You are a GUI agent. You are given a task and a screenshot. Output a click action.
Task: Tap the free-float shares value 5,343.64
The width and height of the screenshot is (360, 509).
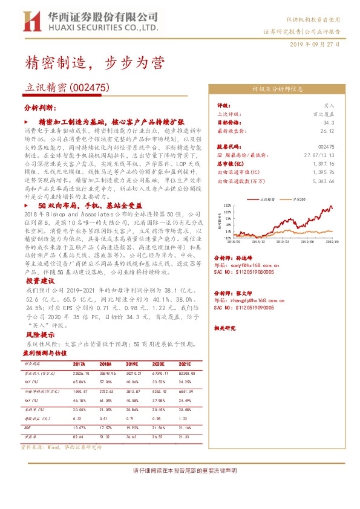(324, 180)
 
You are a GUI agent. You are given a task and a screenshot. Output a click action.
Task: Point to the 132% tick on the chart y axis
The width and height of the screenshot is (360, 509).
(226, 206)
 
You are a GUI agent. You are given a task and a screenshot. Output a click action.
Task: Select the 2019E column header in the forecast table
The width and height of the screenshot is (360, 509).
(133, 364)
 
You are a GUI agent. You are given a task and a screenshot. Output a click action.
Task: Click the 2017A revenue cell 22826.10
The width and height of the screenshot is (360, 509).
(80, 374)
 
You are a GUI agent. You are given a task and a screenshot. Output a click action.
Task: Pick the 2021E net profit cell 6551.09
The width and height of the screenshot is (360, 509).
(186, 392)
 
